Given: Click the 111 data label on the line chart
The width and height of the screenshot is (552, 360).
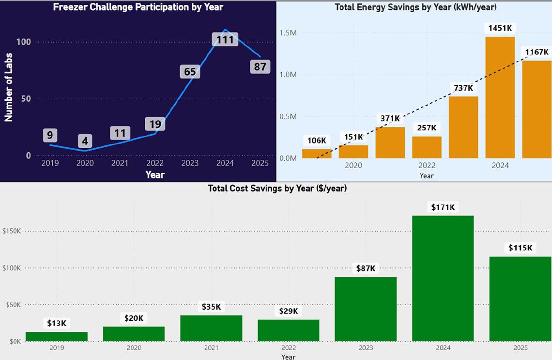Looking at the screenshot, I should click(225, 40).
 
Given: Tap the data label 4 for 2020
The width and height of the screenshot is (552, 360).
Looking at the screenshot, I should click(85, 141).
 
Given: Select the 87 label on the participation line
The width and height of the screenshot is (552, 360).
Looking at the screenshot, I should click(260, 67).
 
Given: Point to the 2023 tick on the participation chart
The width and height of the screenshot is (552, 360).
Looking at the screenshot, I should click(190, 163).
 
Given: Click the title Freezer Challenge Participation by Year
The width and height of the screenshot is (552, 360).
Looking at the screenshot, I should click(138, 7).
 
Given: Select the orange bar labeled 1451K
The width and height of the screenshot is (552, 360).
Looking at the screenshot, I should click(500, 97).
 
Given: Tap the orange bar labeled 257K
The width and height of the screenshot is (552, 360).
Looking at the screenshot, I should click(427, 147).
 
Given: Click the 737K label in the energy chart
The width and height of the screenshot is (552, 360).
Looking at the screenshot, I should click(463, 88).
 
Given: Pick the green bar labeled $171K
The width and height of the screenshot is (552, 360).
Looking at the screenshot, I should click(443, 278).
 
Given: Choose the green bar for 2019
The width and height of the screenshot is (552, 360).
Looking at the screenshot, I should click(57, 336).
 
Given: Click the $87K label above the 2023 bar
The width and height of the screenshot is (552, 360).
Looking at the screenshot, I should click(366, 268).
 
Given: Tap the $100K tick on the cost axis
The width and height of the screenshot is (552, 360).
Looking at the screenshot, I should click(12, 268).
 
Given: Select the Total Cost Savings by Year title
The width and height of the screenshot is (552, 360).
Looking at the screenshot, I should click(277, 188).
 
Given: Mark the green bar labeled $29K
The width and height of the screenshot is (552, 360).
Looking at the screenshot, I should click(289, 330).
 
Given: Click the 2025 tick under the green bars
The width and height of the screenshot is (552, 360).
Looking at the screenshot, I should click(520, 348).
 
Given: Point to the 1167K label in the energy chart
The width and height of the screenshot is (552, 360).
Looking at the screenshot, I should click(536, 52).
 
